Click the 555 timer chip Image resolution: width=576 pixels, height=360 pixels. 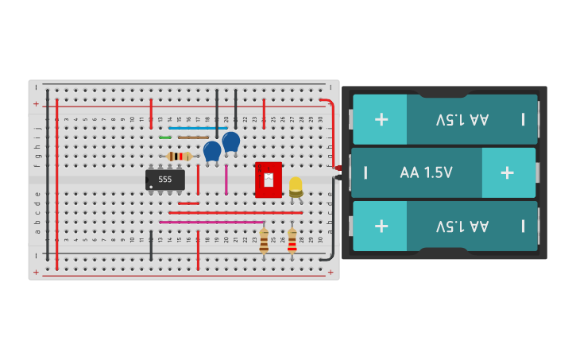point(165,180)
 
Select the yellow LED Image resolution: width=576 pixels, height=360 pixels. point(296,186)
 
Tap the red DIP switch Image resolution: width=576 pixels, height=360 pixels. point(269,179)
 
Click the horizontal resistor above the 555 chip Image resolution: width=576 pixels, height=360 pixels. point(180,156)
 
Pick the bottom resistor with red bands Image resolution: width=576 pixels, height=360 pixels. point(292,241)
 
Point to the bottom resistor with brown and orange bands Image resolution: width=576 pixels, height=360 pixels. point(264,241)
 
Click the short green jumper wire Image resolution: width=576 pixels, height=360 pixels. point(165,137)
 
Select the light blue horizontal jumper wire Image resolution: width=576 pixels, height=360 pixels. point(198,128)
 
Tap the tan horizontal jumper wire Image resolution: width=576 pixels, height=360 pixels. point(193,137)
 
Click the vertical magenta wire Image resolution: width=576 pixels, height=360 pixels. point(226,180)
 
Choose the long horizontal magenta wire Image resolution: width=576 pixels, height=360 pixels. point(211,222)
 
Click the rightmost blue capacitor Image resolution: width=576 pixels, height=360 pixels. point(231,142)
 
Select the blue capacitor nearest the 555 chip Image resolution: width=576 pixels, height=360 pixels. point(212,151)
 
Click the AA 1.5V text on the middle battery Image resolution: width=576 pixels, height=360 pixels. point(426,172)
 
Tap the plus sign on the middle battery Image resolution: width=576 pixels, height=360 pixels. point(507,172)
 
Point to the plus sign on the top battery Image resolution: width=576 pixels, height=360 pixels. point(381,119)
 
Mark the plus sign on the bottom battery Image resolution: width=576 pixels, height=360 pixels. point(381,225)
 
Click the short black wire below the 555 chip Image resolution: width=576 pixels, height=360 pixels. point(151,246)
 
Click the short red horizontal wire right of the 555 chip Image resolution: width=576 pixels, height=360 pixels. point(189,203)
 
